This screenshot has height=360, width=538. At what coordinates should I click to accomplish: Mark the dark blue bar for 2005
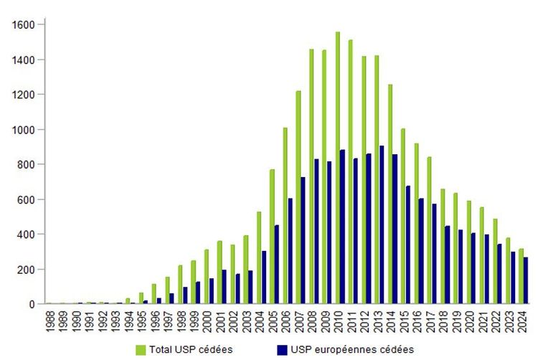(x=277, y=265)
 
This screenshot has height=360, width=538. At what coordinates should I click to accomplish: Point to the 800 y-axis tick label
(x=26, y=164)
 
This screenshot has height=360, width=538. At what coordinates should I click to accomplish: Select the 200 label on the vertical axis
(x=26, y=270)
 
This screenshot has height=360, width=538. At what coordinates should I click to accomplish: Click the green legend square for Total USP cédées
(x=141, y=349)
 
